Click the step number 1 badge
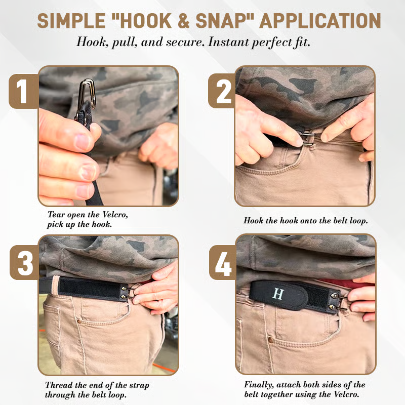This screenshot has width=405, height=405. tap(22, 92)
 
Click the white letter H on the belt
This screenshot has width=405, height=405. tap(278, 294)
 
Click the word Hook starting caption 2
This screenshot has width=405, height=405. tap(253, 221)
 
